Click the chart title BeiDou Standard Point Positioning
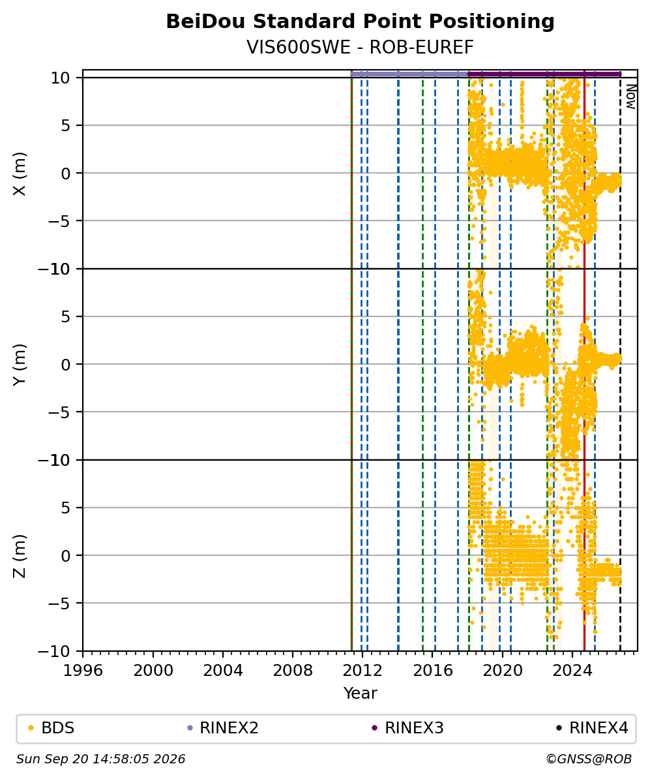360,22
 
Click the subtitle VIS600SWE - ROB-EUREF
360,47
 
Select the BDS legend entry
52,728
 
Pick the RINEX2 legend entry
223,728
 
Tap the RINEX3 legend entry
407,728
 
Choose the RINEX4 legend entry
593,728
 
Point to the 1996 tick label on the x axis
83,671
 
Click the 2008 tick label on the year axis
293,671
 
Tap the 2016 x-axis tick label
432,671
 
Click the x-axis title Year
360,693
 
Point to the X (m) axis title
20,174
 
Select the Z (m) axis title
20,556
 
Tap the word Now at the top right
630,97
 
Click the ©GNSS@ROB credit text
589,759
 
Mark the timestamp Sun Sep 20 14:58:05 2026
101,759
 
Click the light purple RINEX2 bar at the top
409,74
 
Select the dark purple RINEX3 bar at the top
545,74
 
